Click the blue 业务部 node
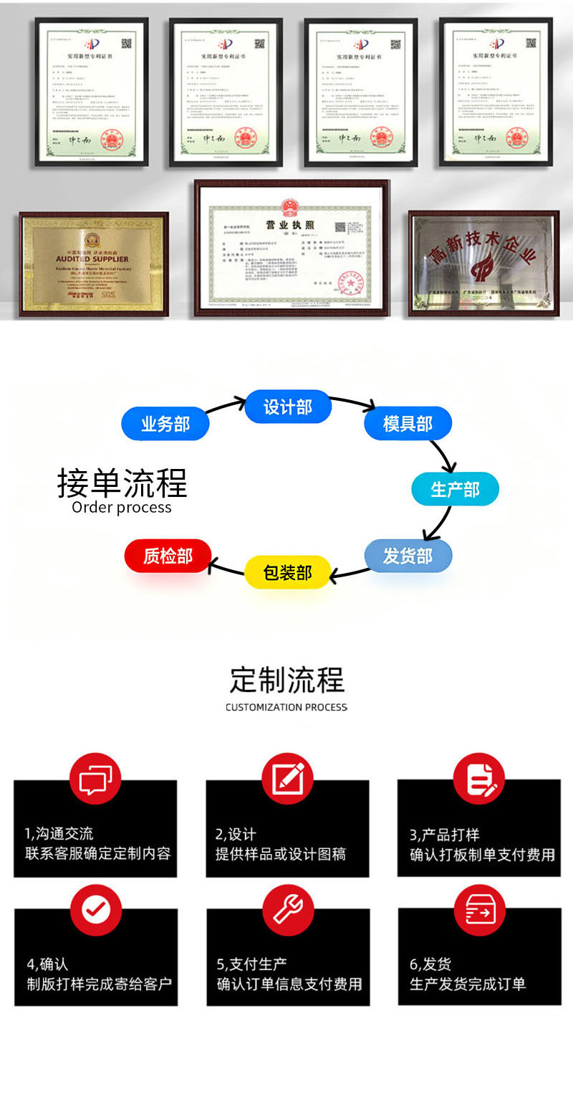point(165,424)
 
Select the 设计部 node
point(288,407)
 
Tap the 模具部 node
point(408,423)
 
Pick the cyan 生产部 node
point(455,490)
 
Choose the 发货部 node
point(408,556)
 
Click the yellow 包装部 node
point(288,572)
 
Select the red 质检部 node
point(168,556)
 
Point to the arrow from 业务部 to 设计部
point(226,407)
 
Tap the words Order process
point(122,508)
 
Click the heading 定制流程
point(286,680)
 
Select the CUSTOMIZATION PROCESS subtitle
point(286,707)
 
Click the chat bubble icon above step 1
point(95,778)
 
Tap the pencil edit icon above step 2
point(287,778)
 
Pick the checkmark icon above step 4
point(95,909)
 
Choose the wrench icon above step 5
point(287,909)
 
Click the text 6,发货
point(430,964)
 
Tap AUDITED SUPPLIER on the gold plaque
point(92,258)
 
